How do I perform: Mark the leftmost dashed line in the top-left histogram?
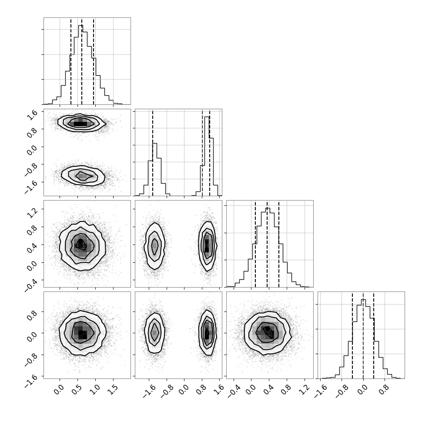pos(71,61)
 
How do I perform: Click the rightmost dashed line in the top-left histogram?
pos(94,61)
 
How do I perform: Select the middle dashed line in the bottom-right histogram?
pos(363,335)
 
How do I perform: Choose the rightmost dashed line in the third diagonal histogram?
pos(279,244)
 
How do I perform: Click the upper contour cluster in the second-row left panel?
pos(81,123)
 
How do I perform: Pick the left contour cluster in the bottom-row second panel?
pos(154,333)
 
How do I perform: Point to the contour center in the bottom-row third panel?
pos(268,333)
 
